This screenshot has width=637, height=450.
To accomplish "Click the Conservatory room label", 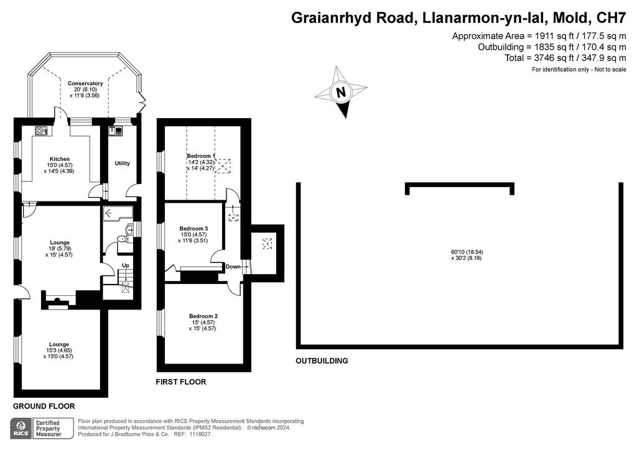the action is (x=85, y=83).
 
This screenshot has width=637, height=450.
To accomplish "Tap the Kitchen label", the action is (x=60, y=159).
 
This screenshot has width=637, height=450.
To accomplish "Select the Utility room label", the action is (x=123, y=163).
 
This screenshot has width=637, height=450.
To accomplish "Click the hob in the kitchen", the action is (x=41, y=131).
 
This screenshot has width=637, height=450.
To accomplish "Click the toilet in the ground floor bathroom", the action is (x=122, y=239).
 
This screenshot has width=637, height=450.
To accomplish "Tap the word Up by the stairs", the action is (x=126, y=265).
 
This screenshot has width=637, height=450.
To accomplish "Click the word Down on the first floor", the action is (x=233, y=267).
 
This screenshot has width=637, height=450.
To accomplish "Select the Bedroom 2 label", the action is (x=203, y=316).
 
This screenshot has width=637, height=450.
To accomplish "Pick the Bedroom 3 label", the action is (x=194, y=229).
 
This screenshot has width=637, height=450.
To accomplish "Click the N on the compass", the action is (x=342, y=92).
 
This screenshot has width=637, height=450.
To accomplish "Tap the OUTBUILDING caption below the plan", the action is (x=322, y=360).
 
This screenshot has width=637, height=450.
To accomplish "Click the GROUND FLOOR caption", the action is (x=44, y=406).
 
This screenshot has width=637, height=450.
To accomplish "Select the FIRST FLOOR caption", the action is (x=181, y=382).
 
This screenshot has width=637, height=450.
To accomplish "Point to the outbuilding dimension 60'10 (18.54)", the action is (x=466, y=252).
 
